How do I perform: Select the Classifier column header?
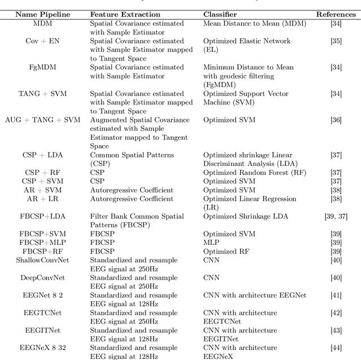221,13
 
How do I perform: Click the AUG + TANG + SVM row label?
43,120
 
